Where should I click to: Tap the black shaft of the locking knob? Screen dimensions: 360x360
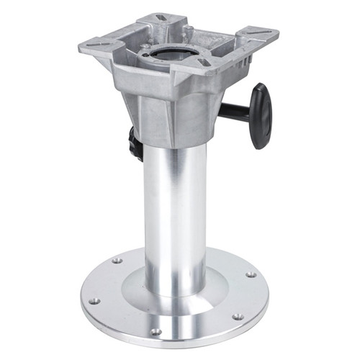(234, 110)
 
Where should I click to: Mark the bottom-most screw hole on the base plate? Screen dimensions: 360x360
(153, 331)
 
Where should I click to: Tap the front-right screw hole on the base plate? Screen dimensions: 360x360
(237, 316)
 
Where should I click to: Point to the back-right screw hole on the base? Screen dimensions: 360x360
(251, 274)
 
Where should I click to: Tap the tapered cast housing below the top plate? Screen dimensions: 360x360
(169, 108)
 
